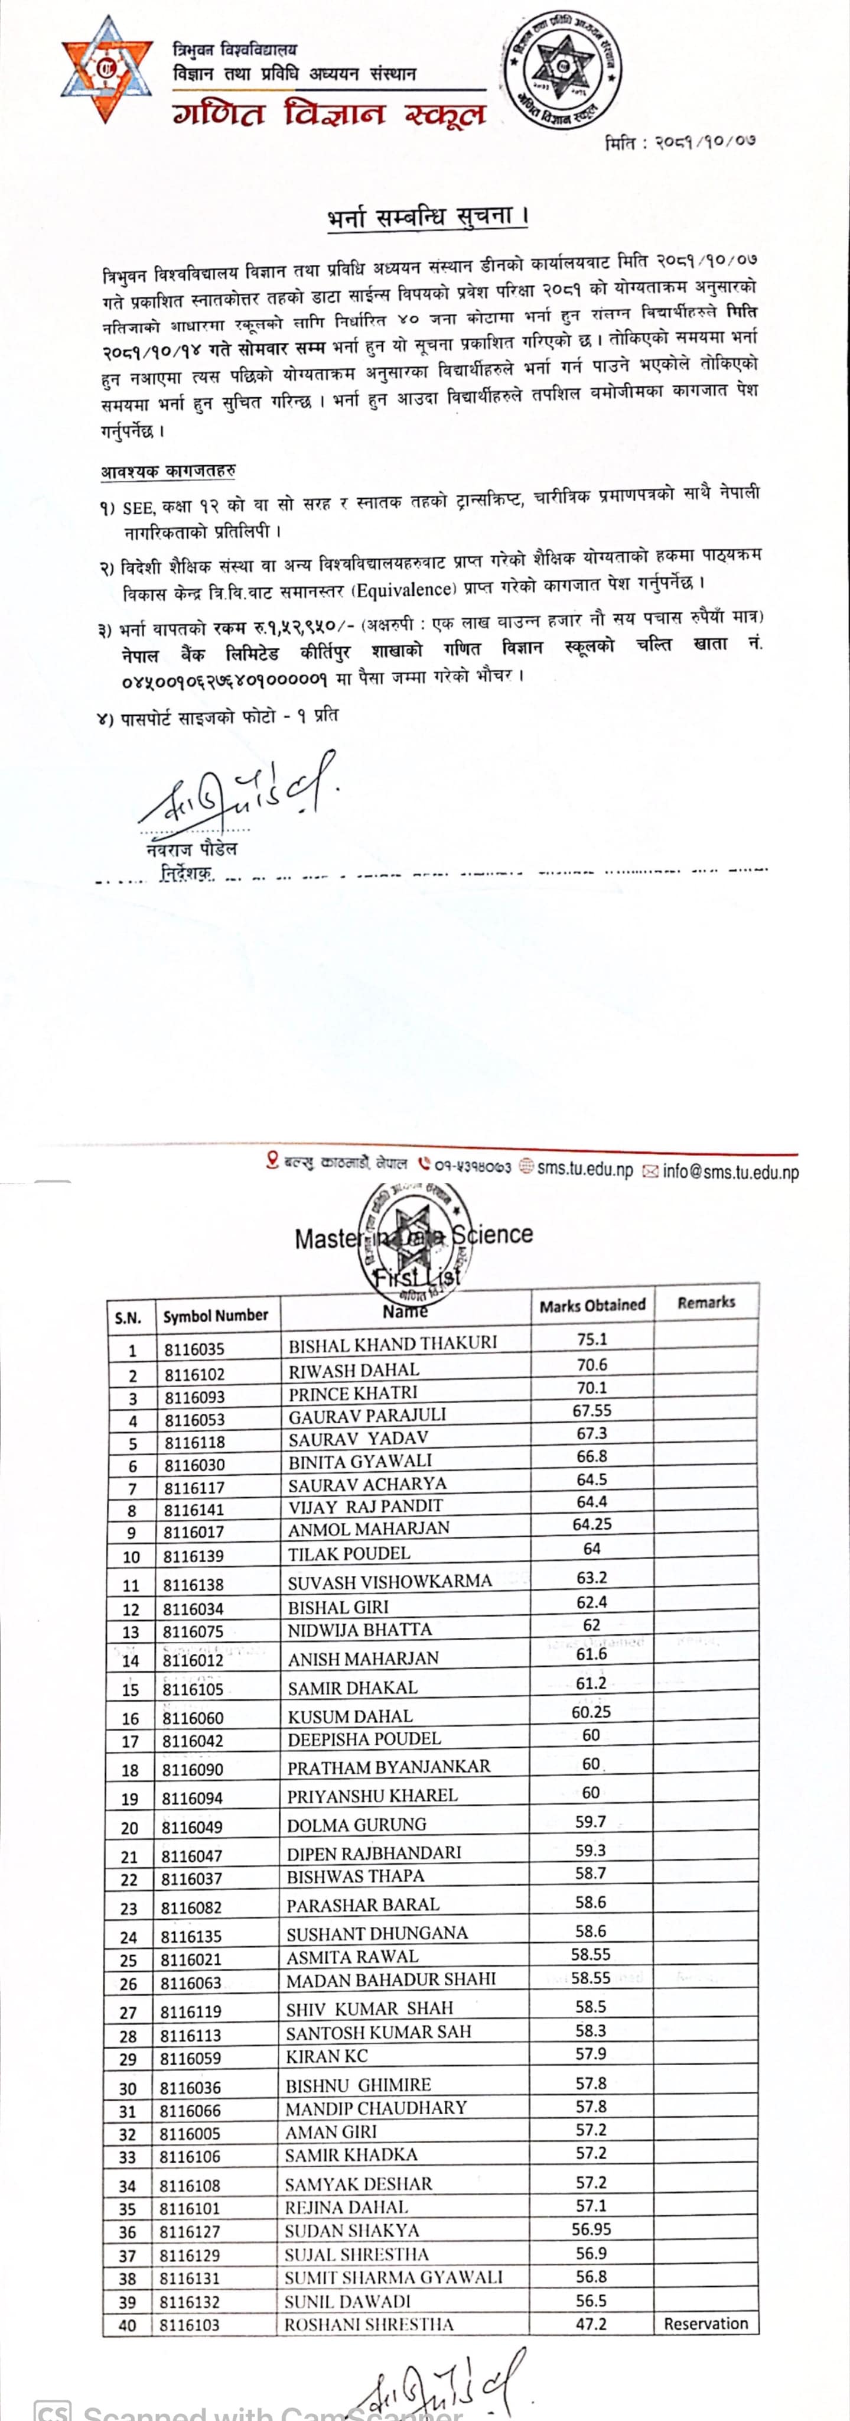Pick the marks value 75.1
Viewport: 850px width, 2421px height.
click(x=592, y=1339)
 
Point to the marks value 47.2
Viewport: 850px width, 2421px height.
click(x=591, y=2323)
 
